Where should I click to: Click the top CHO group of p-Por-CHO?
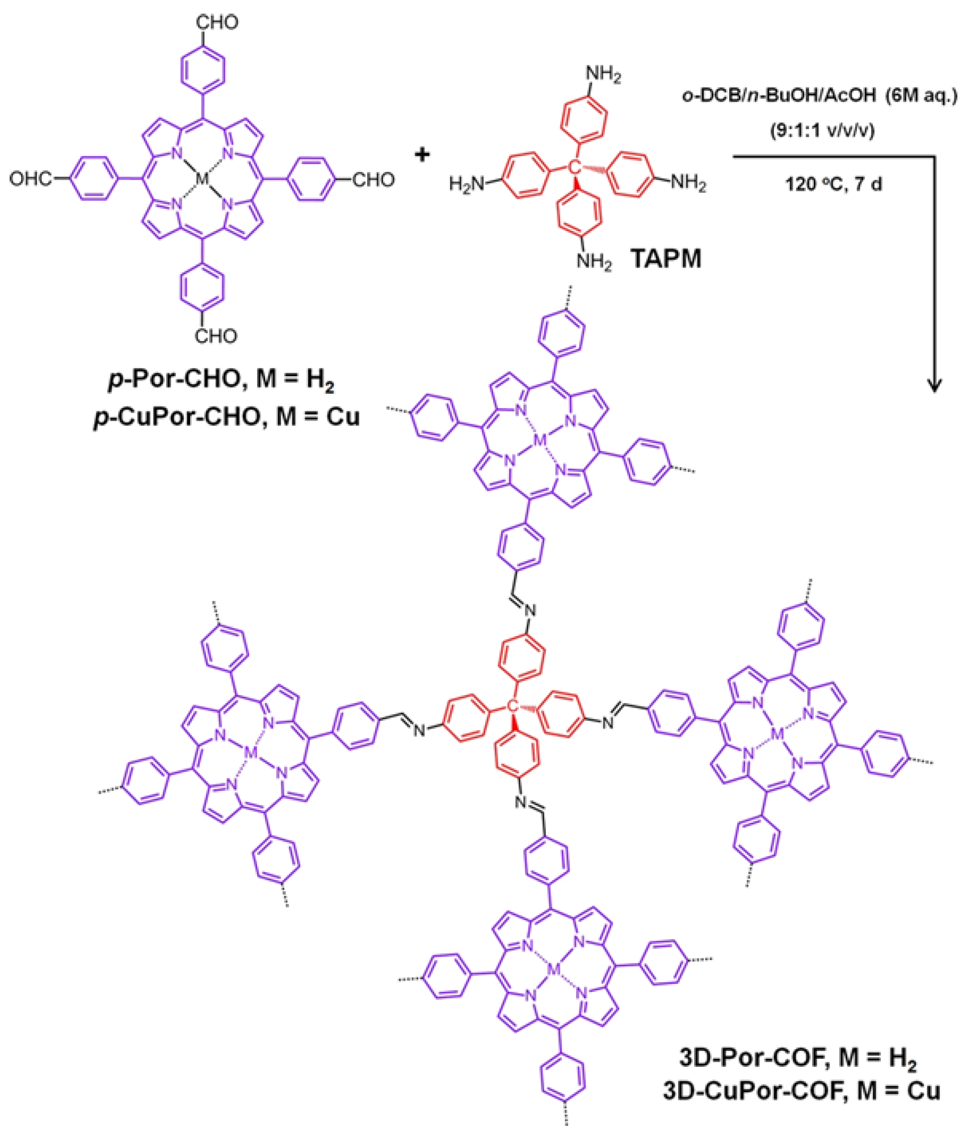click(x=217, y=23)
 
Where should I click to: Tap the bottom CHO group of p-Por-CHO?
click(x=216, y=336)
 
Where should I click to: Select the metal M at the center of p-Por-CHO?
click(x=202, y=179)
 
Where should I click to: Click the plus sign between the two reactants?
click(x=422, y=154)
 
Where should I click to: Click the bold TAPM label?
click(x=666, y=259)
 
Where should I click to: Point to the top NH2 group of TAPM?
click(x=603, y=74)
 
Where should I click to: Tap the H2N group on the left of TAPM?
click(x=467, y=184)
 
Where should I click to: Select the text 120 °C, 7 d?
click(x=833, y=184)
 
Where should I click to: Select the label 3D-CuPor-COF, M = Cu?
click(x=801, y=1091)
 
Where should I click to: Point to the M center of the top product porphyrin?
click(x=540, y=440)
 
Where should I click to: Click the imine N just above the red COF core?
click(x=530, y=611)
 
